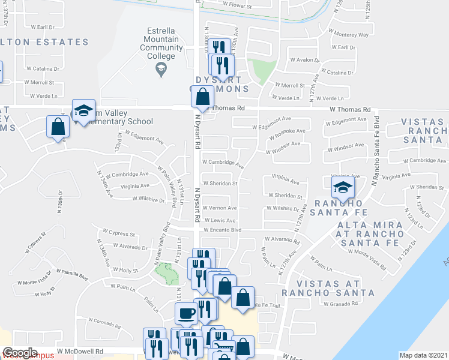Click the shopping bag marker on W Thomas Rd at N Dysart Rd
(x=203, y=97)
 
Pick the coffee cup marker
(x=186, y=313)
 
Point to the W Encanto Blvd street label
(x=222, y=230)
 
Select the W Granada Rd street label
(x=340, y=304)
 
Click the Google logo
(x=20, y=353)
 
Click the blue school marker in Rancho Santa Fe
(x=343, y=187)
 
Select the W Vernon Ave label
(x=220, y=208)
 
